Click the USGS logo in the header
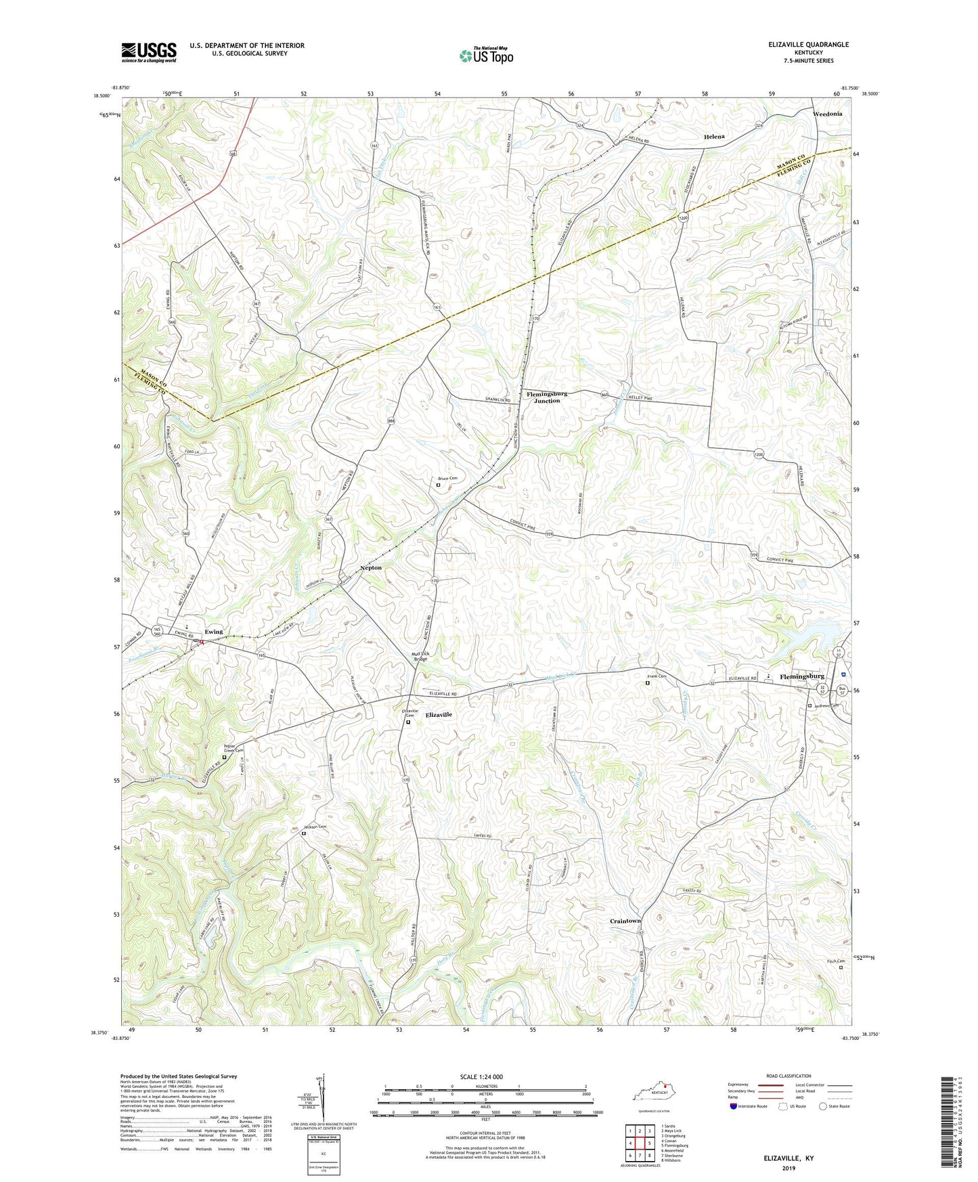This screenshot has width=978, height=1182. pyautogui.click(x=148, y=52)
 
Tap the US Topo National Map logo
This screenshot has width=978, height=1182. pyautogui.click(x=485, y=56)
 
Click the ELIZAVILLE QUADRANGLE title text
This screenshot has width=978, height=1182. pyautogui.click(x=808, y=45)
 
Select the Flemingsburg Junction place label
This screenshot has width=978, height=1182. pyautogui.click(x=547, y=397)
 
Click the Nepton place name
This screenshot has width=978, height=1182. pyautogui.click(x=371, y=567)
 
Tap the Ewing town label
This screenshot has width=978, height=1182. pyautogui.click(x=214, y=632)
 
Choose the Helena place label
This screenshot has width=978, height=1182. pyautogui.click(x=714, y=136)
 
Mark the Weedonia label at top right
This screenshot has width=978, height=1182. pyautogui.click(x=827, y=114)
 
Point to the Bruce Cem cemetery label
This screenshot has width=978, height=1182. pyautogui.click(x=447, y=478)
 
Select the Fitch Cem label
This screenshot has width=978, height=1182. pyautogui.click(x=836, y=961)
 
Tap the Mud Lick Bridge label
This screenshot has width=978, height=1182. pyautogui.click(x=420, y=656)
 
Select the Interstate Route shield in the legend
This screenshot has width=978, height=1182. pyautogui.click(x=734, y=1106)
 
